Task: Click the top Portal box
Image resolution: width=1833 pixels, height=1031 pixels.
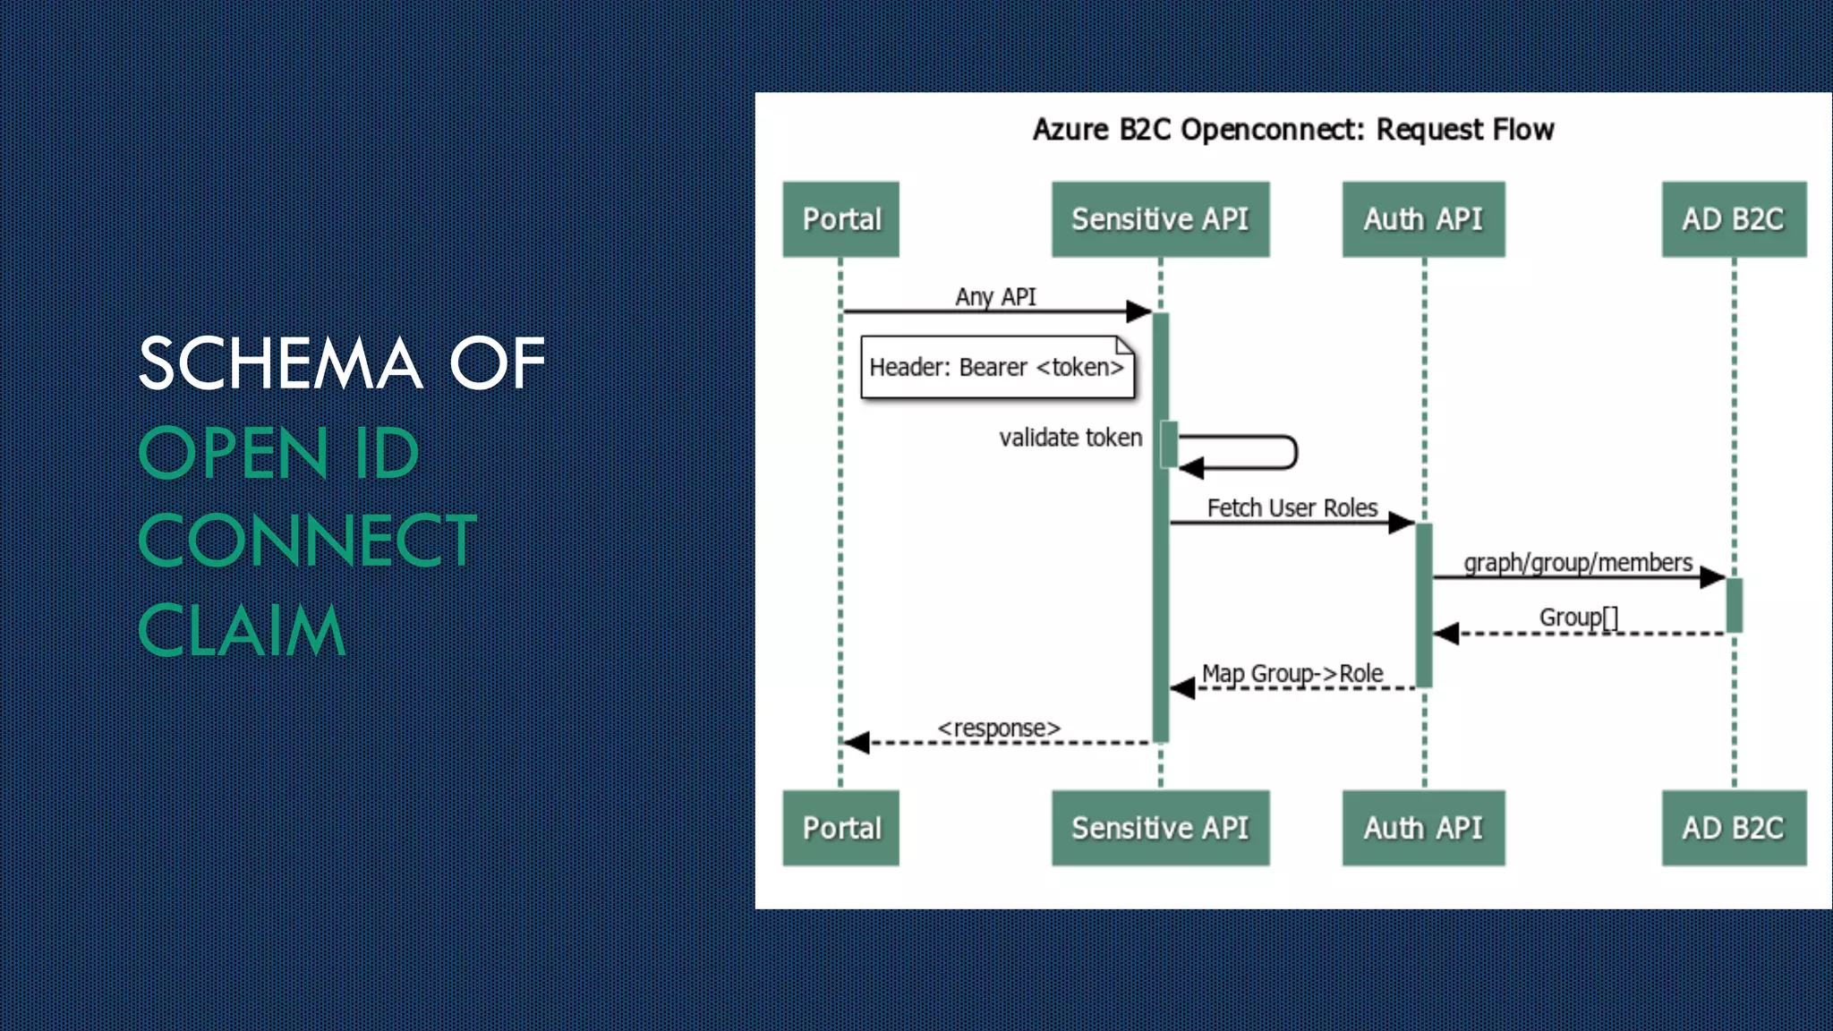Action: pyautogui.click(x=840, y=219)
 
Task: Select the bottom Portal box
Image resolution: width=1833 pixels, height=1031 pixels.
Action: pyautogui.click(x=840, y=828)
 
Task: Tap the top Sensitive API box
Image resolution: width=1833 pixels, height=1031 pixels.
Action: pyautogui.click(x=1160, y=219)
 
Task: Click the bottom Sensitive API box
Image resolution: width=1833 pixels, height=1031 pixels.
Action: pyautogui.click(x=1160, y=828)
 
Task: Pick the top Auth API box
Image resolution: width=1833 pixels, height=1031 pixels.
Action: pyautogui.click(x=1423, y=219)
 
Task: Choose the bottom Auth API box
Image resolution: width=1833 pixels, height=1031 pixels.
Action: pyautogui.click(x=1423, y=828)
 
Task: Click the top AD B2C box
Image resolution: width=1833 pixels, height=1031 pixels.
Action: pyautogui.click(x=1734, y=219)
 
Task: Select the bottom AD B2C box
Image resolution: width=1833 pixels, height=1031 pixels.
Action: pyautogui.click(x=1734, y=828)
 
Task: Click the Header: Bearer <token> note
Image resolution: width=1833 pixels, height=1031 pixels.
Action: pyautogui.click(x=996, y=368)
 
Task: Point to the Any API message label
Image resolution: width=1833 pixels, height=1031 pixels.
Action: pyautogui.click(x=995, y=296)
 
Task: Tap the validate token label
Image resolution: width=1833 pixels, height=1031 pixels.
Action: pyautogui.click(x=1070, y=438)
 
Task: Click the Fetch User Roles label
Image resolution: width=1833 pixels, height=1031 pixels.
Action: pyautogui.click(x=1292, y=508)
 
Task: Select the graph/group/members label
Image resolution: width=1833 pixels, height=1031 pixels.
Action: pyautogui.click(x=1578, y=563)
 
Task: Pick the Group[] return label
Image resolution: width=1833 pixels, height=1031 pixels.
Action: pyautogui.click(x=1579, y=618)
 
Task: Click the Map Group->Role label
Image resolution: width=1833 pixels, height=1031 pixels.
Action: pyautogui.click(x=1292, y=673)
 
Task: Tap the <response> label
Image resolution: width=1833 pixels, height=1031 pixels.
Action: pyautogui.click(x=999, y=729)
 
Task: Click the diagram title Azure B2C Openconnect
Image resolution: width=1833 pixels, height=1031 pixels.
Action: pyautogui.click(x=1293, y=130)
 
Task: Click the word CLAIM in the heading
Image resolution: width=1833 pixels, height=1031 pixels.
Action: pyautogui.click(x=242, y=631)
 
